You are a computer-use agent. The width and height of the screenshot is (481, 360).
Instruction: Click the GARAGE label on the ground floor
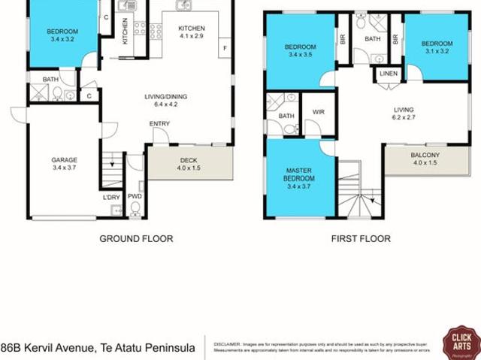click(64, 159)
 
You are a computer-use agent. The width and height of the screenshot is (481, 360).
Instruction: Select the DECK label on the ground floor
click(188, 159)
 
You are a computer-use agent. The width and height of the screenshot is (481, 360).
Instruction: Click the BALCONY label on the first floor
click(425, 156)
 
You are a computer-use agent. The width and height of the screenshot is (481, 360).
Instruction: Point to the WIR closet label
click(318, 112)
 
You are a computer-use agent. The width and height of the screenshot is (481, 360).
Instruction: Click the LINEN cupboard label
click(388, 74)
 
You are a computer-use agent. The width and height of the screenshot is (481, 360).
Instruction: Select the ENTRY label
click(159, 124)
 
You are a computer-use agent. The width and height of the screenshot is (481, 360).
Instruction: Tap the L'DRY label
click(111, 198)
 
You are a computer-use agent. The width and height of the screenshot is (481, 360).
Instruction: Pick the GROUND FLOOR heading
click(137, 239)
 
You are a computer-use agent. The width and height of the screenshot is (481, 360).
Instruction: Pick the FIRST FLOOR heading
click(361, 239)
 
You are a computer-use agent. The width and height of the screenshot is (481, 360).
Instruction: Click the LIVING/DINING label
click(166, 96)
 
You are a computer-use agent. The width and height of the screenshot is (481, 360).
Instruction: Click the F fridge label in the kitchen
click(223, 50)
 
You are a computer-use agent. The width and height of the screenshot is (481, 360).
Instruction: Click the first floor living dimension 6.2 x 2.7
click(404, 118)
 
